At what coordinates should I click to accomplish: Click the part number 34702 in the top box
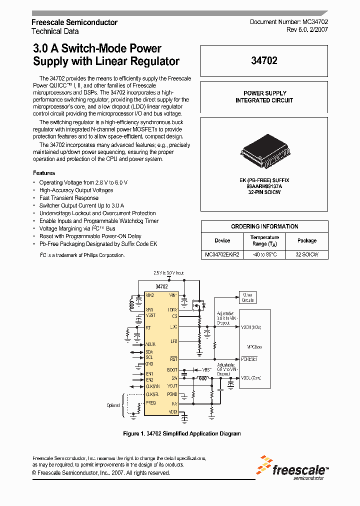264,60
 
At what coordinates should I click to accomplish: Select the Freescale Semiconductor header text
74,22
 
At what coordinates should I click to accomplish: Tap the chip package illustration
264,151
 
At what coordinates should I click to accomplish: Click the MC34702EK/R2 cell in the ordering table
222,254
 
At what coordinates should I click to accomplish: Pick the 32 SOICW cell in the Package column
307,254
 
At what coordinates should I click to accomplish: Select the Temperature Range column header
264,240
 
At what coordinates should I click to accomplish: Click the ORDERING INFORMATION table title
264,226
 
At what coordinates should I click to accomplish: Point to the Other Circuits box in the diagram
247,297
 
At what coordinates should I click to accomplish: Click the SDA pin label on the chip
149,351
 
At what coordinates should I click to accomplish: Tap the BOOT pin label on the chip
172,370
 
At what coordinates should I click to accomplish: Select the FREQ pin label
150,402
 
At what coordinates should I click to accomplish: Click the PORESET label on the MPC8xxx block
249,359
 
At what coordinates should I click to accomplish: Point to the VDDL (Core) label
251,378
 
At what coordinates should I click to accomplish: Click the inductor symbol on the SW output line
202,378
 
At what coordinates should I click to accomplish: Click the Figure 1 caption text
181,433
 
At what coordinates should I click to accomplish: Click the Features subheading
44,173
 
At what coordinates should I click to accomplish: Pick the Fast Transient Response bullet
69,198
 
